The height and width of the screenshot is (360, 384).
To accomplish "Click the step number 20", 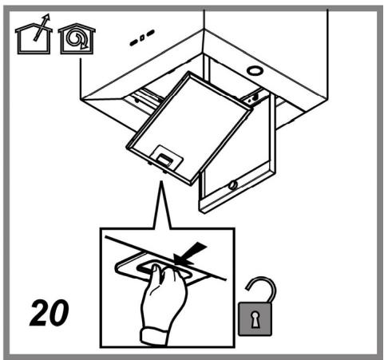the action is [x=49, y=313].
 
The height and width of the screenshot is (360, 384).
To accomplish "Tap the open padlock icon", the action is [x=257, y=309].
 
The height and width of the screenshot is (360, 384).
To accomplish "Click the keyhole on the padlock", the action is [x=255, y=318].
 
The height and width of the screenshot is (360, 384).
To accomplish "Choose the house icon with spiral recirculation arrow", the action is [x=77, y=38].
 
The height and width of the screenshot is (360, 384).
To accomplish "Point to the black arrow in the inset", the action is [x=190, y=253].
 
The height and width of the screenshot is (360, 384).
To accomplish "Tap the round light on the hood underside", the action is [x=255, y=71].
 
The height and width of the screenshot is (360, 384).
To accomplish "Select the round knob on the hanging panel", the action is [x=233, y=185].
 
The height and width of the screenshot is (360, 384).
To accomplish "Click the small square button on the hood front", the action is [x=142, y=38].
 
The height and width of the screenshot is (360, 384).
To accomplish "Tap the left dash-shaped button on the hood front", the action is [x=133, y=42].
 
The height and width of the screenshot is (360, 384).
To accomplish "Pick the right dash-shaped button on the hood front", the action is [x=150, y=33].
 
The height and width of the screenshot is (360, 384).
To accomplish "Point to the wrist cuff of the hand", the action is [x=154, y=337].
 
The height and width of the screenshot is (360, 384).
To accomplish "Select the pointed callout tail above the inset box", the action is [x=162, y=205].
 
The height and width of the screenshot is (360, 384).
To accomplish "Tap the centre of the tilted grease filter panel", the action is [x=189, y=128].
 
